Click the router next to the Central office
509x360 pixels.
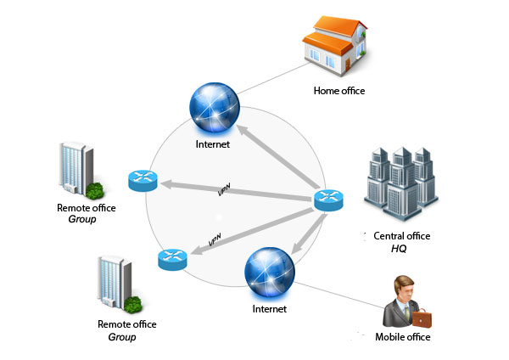(327, 200)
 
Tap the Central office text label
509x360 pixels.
(402, 235)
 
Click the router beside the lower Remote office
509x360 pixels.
(171, 260)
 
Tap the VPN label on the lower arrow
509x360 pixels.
(215, 244)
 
